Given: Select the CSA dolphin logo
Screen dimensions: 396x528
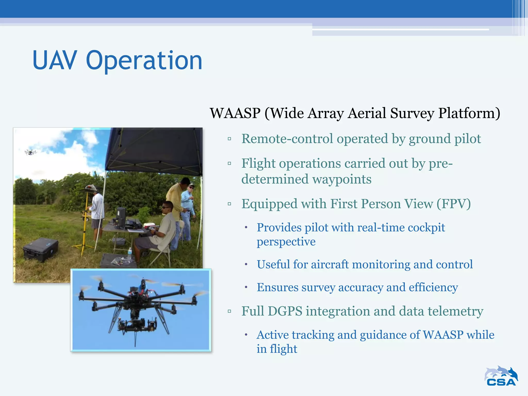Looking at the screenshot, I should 501,376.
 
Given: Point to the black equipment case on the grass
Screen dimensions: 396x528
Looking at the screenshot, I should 41,249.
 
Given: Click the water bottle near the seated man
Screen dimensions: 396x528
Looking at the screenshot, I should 130,253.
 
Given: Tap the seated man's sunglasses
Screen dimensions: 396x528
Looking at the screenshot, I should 166,207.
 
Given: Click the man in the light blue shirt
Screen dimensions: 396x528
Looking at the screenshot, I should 188,206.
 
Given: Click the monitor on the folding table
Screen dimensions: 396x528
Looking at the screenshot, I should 121,217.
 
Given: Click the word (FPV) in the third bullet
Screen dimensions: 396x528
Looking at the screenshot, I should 453,204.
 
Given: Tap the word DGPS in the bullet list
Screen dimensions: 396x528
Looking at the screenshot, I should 285,311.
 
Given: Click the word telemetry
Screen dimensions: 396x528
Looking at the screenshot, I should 455,311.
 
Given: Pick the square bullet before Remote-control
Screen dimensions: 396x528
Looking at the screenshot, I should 229,139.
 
